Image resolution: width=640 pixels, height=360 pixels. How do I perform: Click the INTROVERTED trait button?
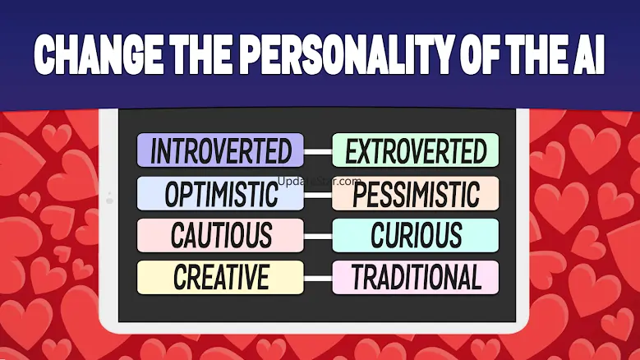point(220,150)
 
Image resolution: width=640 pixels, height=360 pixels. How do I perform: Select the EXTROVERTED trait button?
point(416,150)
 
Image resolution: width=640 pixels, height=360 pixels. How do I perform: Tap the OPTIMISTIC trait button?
point(220,193)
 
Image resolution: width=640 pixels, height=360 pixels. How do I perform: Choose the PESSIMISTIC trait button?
point(416,193)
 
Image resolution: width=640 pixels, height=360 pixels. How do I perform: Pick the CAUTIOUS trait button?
point(220,236)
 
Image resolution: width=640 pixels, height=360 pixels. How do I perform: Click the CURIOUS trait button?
point(416,236)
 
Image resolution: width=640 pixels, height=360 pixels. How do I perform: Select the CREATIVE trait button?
point(220,278)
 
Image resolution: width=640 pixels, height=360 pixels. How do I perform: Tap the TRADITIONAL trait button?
point(416,278)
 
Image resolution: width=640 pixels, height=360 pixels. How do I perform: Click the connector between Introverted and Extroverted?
point(318,152)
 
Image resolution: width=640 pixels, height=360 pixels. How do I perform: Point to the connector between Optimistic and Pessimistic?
point(318,195)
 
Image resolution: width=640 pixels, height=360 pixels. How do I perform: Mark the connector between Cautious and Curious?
point(318,237)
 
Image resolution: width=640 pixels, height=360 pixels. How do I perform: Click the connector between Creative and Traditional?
point(318,279)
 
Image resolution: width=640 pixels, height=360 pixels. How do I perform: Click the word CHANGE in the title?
point(99,54)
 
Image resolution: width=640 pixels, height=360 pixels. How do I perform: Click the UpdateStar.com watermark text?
point(320,181)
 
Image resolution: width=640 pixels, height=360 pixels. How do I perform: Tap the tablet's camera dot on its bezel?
point(109,200)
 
